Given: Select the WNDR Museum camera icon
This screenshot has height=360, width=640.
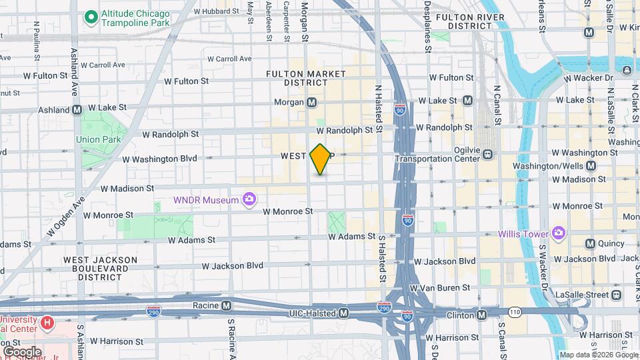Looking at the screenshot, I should click(249, 199).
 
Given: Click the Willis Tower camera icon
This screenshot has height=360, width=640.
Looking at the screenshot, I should click(558, 233).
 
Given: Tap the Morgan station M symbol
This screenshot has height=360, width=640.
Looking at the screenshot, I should click(311, 103).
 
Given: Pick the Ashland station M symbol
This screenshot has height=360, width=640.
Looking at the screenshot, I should click(77, 109).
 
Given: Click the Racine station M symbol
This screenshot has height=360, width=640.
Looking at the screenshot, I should click(227, 306).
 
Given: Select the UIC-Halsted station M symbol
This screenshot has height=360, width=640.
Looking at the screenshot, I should click(344, 313).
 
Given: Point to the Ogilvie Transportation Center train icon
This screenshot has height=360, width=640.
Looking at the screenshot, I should click(488, 155).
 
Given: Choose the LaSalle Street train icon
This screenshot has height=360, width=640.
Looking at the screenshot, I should click(616, 294).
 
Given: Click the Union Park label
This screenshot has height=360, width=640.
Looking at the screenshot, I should click(98, 140).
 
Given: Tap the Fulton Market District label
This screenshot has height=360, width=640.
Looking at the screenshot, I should click(297, 78).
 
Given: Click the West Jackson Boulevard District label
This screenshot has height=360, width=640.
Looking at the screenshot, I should click(100, 269).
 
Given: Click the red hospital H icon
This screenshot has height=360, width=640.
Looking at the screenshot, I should click(47, 323).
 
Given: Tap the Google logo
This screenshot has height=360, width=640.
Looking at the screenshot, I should click(22, 351).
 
